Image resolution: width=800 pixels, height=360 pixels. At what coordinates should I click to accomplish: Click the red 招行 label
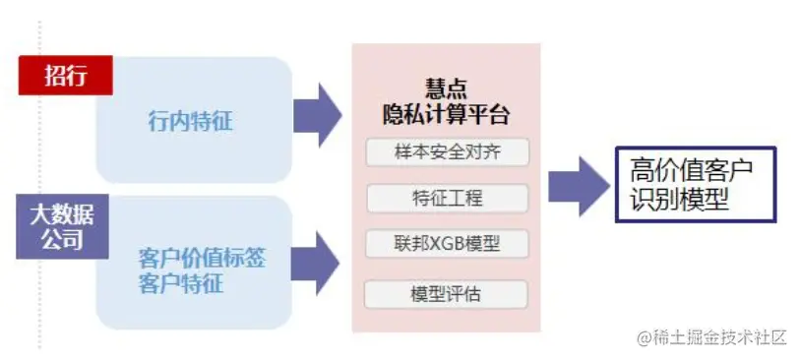[65, 75]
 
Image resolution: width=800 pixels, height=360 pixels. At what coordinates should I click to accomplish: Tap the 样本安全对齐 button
[447, 153]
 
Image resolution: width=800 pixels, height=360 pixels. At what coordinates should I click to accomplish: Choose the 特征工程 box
[447, 199]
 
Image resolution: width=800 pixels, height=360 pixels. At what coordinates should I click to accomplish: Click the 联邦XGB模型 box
[447, 243]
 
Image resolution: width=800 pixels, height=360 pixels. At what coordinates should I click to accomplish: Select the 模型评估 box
[447, 294]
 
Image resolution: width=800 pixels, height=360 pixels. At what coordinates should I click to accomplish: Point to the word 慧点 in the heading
[447, 88]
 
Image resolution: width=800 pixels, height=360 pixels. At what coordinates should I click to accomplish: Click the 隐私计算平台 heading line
[447, 113]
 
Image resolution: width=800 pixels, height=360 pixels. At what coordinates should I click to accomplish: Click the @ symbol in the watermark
[646, 338]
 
